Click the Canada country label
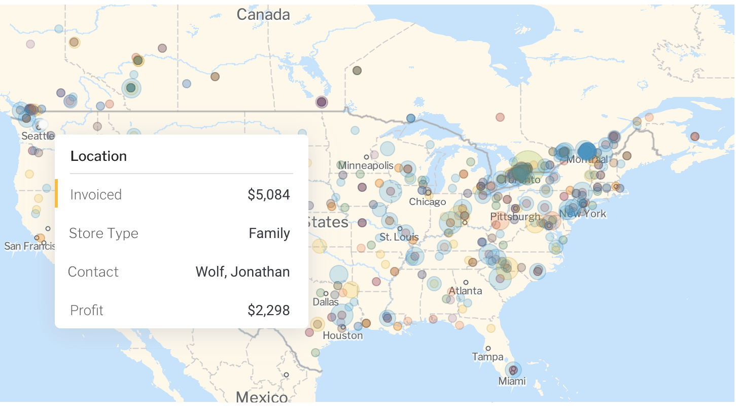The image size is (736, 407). (263, 14)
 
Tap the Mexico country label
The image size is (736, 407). (261, 396)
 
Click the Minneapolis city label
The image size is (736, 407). (365, 165)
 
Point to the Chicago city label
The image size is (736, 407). (428, 202)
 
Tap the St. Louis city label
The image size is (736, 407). (399, 237)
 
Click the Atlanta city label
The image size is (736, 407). (465, 291)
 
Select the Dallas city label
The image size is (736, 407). (325, 302)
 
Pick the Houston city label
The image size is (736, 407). (343, 335)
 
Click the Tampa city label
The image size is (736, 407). (487, 357)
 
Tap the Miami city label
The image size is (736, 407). (512, 381)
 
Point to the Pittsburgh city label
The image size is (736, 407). (515, 217)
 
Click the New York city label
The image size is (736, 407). (583, 214)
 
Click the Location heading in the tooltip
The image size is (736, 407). (98, 156)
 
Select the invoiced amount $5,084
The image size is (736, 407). (268, 194)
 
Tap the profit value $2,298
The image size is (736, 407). (268, 310)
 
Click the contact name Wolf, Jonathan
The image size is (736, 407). (242, 272)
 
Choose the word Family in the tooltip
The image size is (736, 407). (269, 233)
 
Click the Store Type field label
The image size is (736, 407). (103, 233)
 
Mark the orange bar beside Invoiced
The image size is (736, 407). (56, 193)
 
